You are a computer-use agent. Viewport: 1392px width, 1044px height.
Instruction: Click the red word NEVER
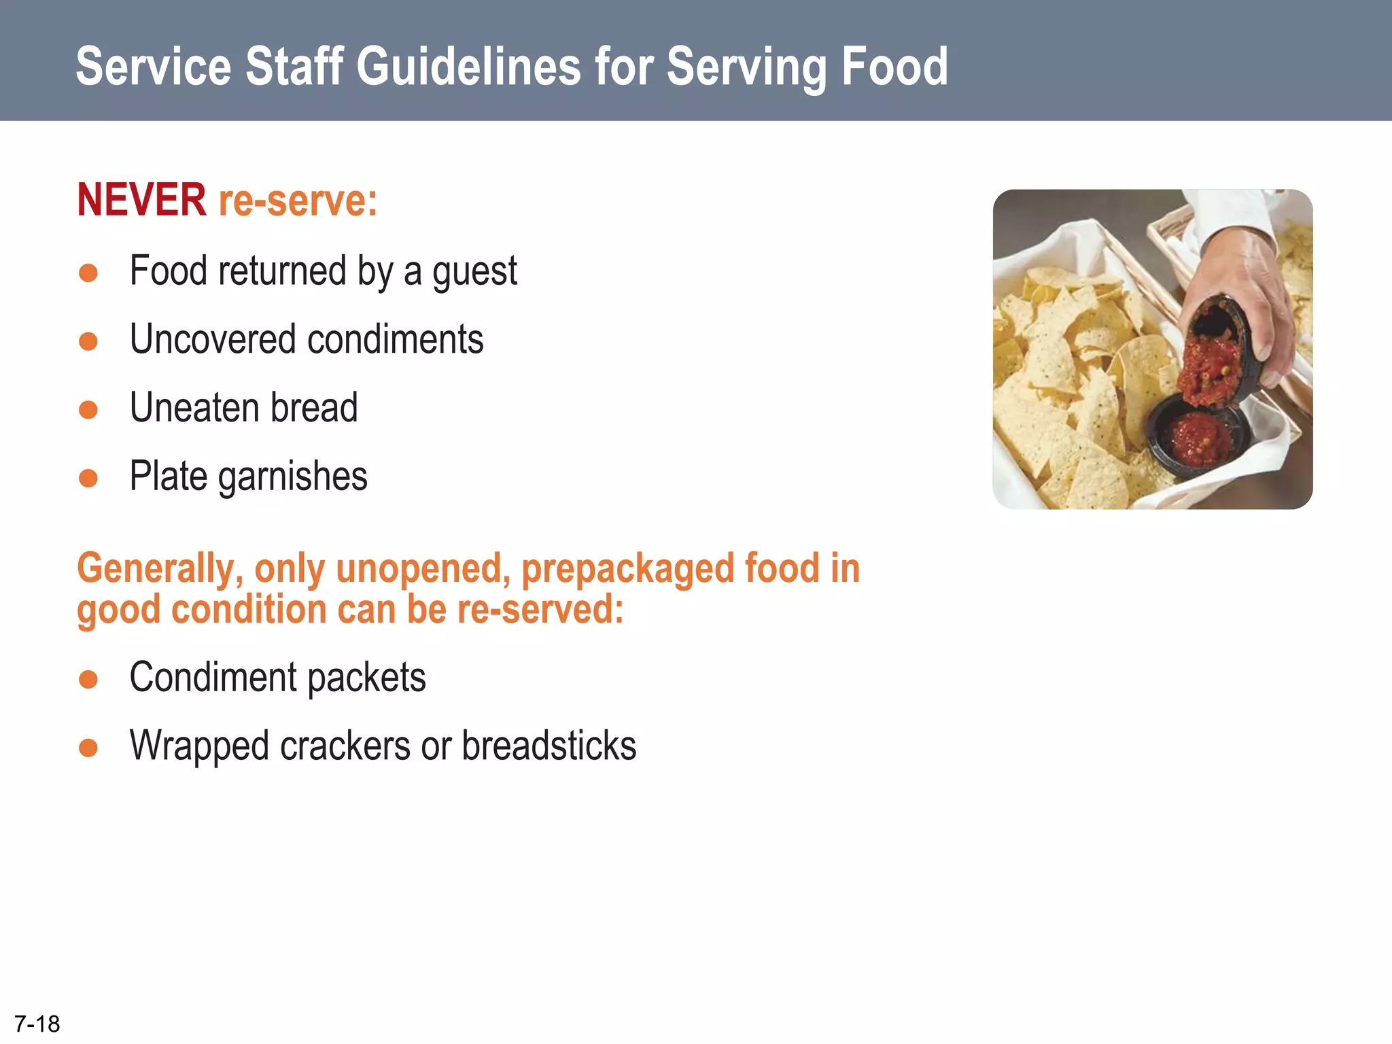coord(141,201)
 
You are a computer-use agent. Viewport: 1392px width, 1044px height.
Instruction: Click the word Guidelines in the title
coord(469,67)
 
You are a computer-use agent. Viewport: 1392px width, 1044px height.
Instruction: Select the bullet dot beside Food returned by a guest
coord(88,273)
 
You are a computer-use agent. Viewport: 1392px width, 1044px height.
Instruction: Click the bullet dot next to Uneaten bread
coord(88,410)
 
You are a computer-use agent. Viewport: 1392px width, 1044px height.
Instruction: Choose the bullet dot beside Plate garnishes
coord(88,478)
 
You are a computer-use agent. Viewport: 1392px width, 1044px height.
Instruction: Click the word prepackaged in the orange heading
coord(627,569)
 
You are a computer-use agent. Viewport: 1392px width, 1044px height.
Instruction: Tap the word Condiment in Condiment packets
coord(213,678)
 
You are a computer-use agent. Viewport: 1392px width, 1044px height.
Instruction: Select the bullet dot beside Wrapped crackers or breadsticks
coord(88,748)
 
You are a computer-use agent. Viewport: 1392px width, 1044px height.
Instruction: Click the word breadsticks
coord(549,746)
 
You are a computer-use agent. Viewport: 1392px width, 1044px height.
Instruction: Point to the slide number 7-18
coord(37,1024)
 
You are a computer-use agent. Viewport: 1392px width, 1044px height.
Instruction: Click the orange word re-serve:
coord(298,201)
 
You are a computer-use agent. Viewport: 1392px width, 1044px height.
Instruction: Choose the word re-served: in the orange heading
coord(540,610)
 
